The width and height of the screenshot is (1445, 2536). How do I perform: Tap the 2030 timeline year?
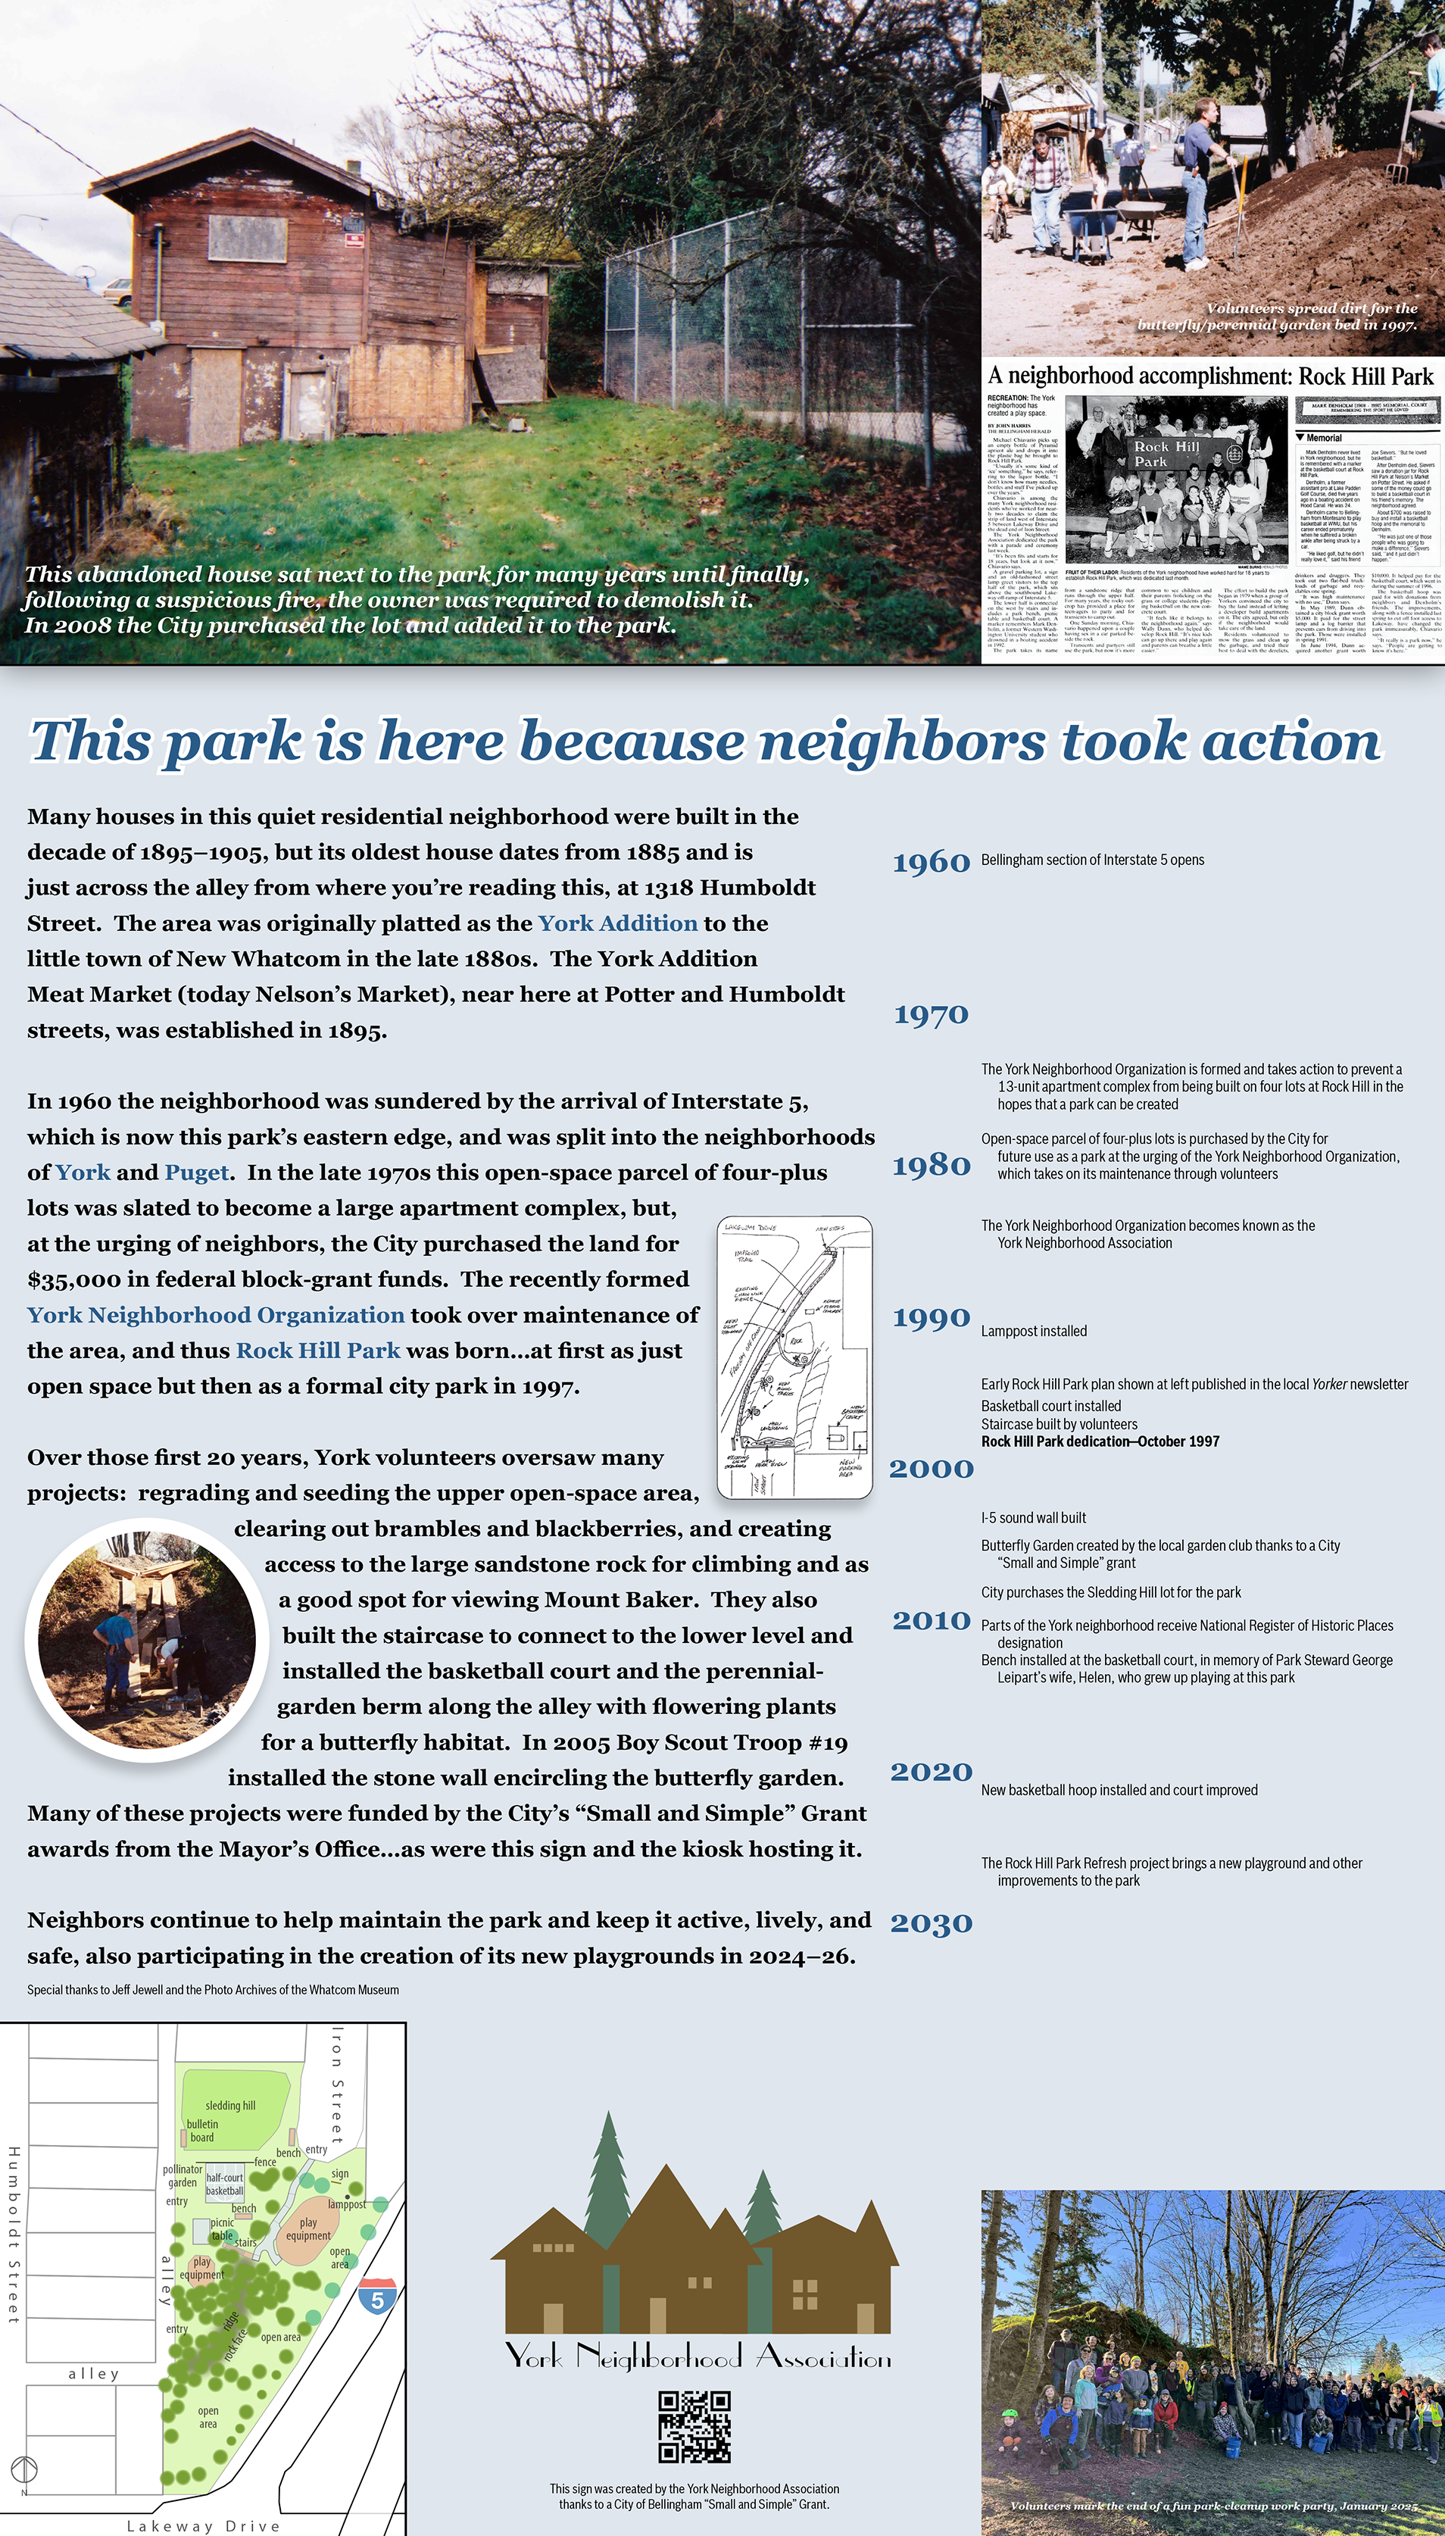931,1922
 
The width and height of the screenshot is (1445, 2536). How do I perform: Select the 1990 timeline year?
931,1317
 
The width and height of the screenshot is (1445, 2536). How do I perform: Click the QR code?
694,2426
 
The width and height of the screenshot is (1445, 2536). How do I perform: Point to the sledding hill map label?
230,2105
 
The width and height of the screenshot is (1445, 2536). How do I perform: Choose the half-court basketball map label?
225,2185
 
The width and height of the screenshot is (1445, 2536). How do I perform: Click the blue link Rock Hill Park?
317,1351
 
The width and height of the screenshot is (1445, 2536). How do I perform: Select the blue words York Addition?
617,923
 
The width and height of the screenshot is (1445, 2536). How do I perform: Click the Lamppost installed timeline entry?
1033,1331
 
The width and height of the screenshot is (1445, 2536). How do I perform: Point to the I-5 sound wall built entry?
1033,1518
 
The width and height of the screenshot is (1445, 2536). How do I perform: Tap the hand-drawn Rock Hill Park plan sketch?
794,1357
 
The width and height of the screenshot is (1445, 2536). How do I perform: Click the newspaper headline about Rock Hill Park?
1211,376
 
